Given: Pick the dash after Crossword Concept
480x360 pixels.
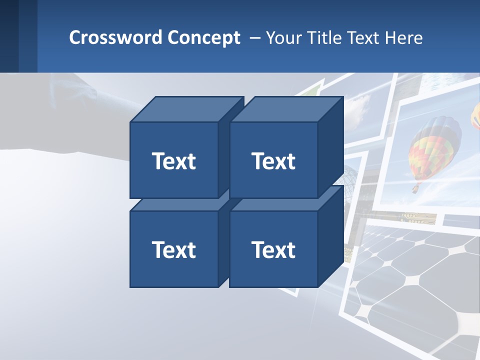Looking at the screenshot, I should pyautogui.click(x=254, y=38).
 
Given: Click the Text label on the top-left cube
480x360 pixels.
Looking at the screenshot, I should pyautogui.click(x=173, y=161).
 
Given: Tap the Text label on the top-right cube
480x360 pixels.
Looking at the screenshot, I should pyautogui.click(x=273, y=161).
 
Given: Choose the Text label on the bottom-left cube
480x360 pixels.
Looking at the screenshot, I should pyautogui.click(x=173, y=249).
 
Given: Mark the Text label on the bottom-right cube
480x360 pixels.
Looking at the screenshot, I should pyautogui.click(x=273, y=249).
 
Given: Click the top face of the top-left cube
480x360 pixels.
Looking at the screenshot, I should pyautogui.click(x=186, y=109).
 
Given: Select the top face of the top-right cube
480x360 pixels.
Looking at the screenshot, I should pyautogui.click(x=286, y=109).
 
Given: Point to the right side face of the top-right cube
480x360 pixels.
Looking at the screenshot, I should pyautogui.click(x=330, y=147).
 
